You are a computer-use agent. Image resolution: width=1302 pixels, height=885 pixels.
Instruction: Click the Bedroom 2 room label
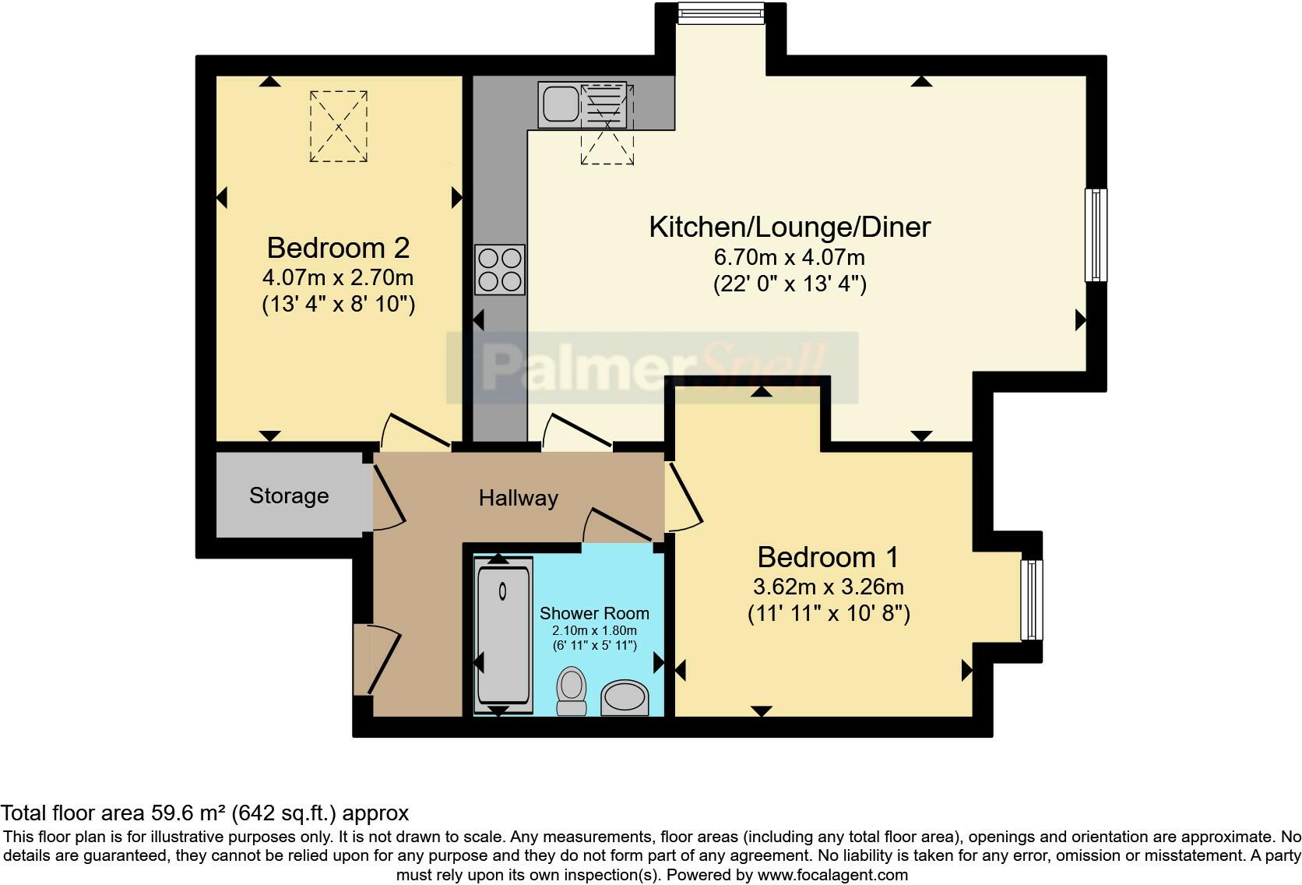pyautogui.click(x=338, y=248)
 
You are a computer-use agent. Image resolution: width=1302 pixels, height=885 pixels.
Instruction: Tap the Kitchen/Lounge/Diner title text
pyautogui.click(x=790, y=227)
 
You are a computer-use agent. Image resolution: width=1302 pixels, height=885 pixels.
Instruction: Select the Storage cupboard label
pyautogui.click(x=289, y=495)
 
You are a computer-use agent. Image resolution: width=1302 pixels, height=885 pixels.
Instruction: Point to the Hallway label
pyautogui.click(x=518, y=498)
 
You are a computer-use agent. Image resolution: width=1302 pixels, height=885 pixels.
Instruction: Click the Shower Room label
pyautogui.click(x=594, y=613)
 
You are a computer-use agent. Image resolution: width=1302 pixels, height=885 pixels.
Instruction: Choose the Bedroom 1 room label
pyautogui.click(x=828, y=557)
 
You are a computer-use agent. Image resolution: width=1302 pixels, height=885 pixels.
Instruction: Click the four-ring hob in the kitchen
pyautogui.click(x=500, y=270)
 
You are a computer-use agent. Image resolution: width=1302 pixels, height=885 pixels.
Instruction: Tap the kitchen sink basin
pyautogui.click(x=560, y=105)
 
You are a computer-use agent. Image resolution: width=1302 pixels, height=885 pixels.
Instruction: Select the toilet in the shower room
pyautogui.click(x=572, y=690)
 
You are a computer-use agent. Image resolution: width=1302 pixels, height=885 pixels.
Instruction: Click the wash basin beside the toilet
pyautogui.click(x=625, y=697)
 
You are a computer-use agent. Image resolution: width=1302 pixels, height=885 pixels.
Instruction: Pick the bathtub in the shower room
pyautogui.click(x=503, y=634)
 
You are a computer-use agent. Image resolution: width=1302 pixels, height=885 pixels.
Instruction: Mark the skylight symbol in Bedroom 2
pyautogui.click(x=339, y=126)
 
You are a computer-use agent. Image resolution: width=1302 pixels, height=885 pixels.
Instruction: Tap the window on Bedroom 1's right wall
pyautogui.click(x=1032, y=598)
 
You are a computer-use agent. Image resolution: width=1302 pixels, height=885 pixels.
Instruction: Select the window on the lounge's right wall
pyautogui.click(x=1096, y=234)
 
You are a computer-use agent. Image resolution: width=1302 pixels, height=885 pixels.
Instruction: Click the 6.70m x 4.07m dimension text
pyautogui.click(x=790, y=257)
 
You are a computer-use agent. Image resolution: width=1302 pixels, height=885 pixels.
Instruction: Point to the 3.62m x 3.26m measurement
pyautogui.click(x=828, y=587)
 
